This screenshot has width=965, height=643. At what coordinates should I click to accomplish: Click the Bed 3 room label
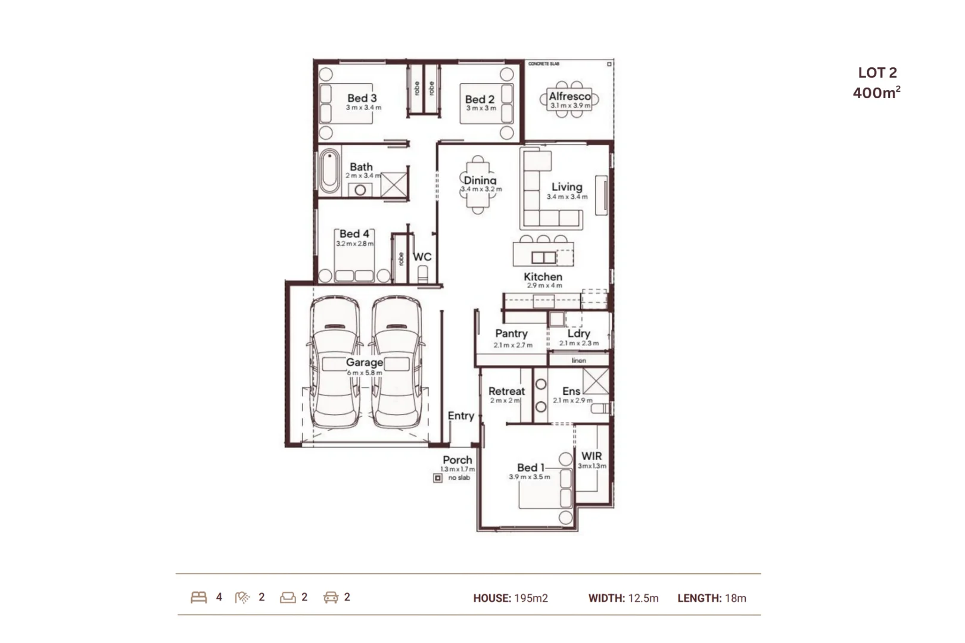click(x=362, y=98)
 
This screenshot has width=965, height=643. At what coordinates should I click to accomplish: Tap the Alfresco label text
click(x=569, y=96)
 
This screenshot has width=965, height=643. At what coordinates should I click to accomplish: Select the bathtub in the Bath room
click(x=329, y=172)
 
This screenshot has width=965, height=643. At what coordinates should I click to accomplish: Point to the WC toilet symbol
click(x=422, y=274)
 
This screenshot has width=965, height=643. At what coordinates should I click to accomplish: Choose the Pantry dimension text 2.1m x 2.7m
click(x=513, y=345)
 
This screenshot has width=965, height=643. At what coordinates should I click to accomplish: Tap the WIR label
click(x=592, y=455)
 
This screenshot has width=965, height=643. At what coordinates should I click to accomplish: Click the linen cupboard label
click(x=578, y=360)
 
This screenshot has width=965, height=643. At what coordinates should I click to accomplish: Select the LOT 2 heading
click(x=877, y=73)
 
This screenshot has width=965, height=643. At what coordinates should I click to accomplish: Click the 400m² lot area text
click(x=876, y=92)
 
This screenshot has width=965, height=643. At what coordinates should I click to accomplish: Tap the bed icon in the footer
click(x=199, y=597)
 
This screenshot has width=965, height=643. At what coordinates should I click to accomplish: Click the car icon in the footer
click(x=331, y=597)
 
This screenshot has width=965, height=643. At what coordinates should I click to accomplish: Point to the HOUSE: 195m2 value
click(x=510, y=598)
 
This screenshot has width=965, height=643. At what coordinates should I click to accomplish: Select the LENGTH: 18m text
click(x=711, y=598)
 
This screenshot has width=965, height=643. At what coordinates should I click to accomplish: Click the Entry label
click(x=460, y=416)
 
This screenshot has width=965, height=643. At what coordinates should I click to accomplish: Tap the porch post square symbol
click(x=438, y=477)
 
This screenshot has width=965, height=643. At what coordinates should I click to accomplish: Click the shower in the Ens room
click(x=596, y=381)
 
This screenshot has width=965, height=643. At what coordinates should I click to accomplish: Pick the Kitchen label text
click(x=543, y=276)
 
